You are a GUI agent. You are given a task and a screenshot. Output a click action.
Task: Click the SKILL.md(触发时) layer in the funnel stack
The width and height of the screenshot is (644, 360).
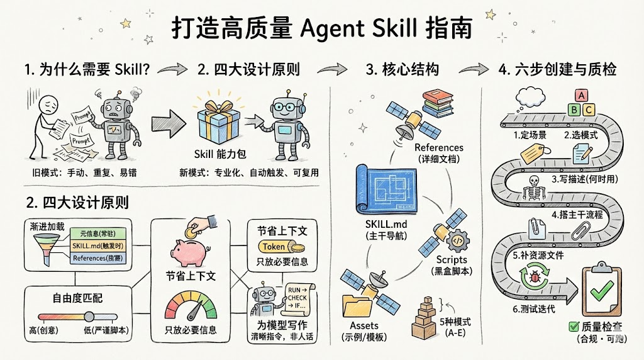[x=97, y=245]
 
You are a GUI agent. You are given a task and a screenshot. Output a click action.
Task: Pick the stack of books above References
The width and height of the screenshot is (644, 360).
[x=441, y=102]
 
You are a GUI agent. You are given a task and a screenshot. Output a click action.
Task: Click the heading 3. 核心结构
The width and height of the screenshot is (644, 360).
[x=402, y=69]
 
